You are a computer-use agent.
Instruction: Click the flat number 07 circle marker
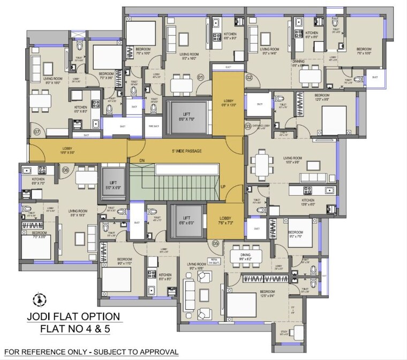coord(37,131)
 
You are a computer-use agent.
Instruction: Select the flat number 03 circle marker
coord(248,126)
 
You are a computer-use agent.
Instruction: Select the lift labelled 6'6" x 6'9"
coord(186,219)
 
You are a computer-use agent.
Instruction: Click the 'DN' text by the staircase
coord(142,160)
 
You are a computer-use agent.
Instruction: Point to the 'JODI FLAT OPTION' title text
coord(73,317)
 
